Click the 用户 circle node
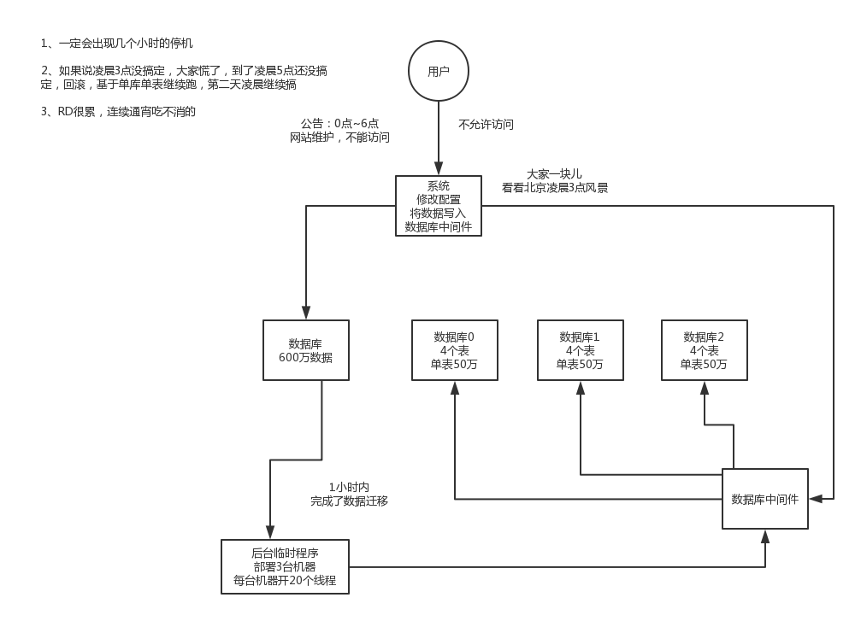click(x=438, y=72)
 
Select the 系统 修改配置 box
click(x=438, y=206)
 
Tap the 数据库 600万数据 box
click(x=306, y=350)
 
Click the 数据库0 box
click(x=454, y=350)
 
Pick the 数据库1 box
click(x=580, y=350)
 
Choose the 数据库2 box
click(x=704, y=350)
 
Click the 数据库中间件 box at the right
click(x=764, y=499)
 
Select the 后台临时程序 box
click(x=285, y=566)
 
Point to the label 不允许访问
click(x=486, y=125)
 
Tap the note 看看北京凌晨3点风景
click(x=555, y=188)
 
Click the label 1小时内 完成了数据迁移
click(x=349, y=495)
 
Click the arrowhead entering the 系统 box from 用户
click(x=438, y=169)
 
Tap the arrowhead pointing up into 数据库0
click(x=454, y=387)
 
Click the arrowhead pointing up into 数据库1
click(x=580, y=387)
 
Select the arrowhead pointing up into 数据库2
click(x=704, y=387)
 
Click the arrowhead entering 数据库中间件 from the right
click(x=815, y=498)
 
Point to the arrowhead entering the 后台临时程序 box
click(x=270, y=532)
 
